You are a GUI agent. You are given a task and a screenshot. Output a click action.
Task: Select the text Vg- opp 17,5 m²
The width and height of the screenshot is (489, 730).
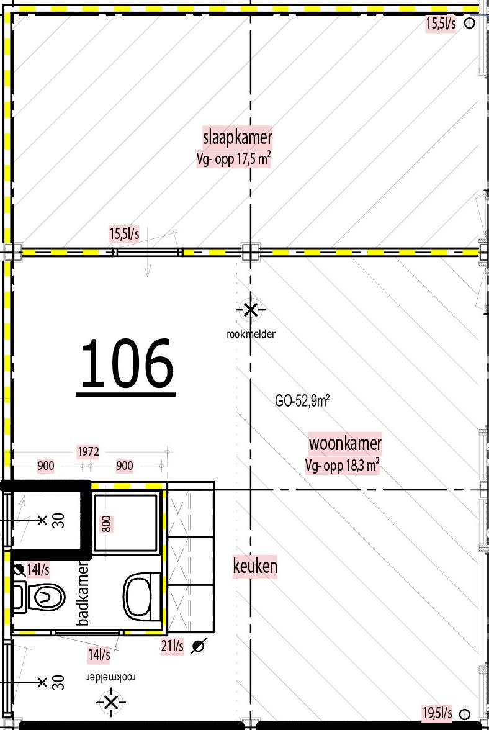pos(233,159)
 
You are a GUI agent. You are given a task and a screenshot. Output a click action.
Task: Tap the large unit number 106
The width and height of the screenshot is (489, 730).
pos(127,364)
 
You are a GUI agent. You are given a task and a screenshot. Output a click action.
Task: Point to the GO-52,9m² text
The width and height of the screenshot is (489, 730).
pos(302,401)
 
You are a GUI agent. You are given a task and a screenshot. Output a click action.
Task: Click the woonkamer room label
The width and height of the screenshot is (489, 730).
pos(345,444)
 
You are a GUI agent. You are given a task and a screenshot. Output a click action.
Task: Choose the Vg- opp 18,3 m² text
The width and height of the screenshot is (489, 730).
pos(343,466)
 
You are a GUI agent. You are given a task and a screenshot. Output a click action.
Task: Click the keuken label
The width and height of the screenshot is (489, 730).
pos(255,566)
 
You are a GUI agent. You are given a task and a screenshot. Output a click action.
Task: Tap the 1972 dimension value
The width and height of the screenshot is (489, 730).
pos(87,451)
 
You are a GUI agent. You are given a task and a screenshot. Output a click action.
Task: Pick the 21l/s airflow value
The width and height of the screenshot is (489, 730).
pos(173,646)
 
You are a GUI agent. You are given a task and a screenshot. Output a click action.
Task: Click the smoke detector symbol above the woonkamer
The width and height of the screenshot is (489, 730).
pos(250,309)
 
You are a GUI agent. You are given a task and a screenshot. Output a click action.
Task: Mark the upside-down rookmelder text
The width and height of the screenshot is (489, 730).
pos(111,677)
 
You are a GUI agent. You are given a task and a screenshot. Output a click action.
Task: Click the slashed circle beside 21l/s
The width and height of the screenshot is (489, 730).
pos(199,646)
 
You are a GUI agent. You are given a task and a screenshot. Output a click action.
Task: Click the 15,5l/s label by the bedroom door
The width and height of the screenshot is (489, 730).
pos(124,234)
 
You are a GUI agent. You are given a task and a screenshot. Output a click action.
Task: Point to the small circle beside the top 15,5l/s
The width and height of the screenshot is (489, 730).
pos(470,24)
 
